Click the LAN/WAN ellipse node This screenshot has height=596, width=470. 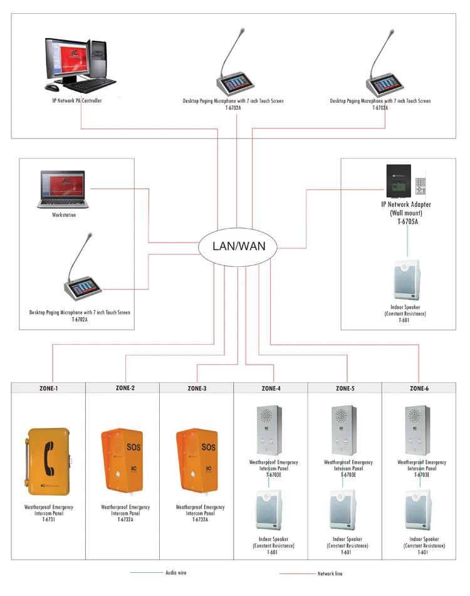tap(238, 246)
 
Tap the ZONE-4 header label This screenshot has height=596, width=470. tap(271, 389)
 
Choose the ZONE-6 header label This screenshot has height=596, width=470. tap(419, 389)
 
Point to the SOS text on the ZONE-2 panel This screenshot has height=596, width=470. tap(133, 447)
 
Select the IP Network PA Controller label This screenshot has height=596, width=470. tap(76, 101)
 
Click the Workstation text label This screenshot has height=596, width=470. tap(64, 216)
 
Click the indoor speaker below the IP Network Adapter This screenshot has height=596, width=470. tap(405, 280)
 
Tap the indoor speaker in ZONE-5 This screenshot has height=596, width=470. tap(345, 510)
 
